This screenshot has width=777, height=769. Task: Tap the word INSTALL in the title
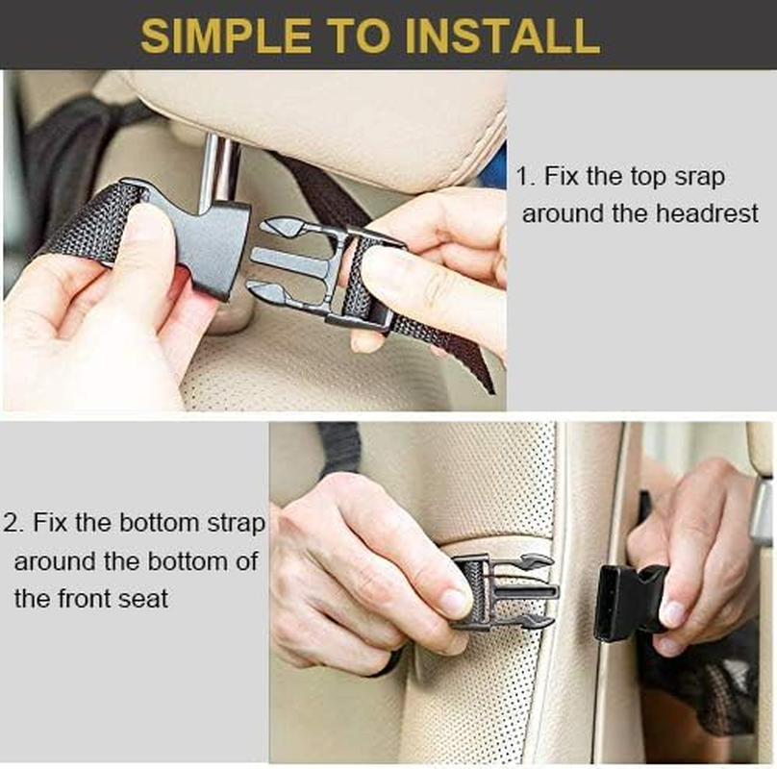(x=503, y=35)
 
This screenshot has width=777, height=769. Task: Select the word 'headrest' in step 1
(x=707, y=213)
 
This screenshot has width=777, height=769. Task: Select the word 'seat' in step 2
(x=141, y=598)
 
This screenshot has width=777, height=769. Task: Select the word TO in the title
(x=365, y=35)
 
